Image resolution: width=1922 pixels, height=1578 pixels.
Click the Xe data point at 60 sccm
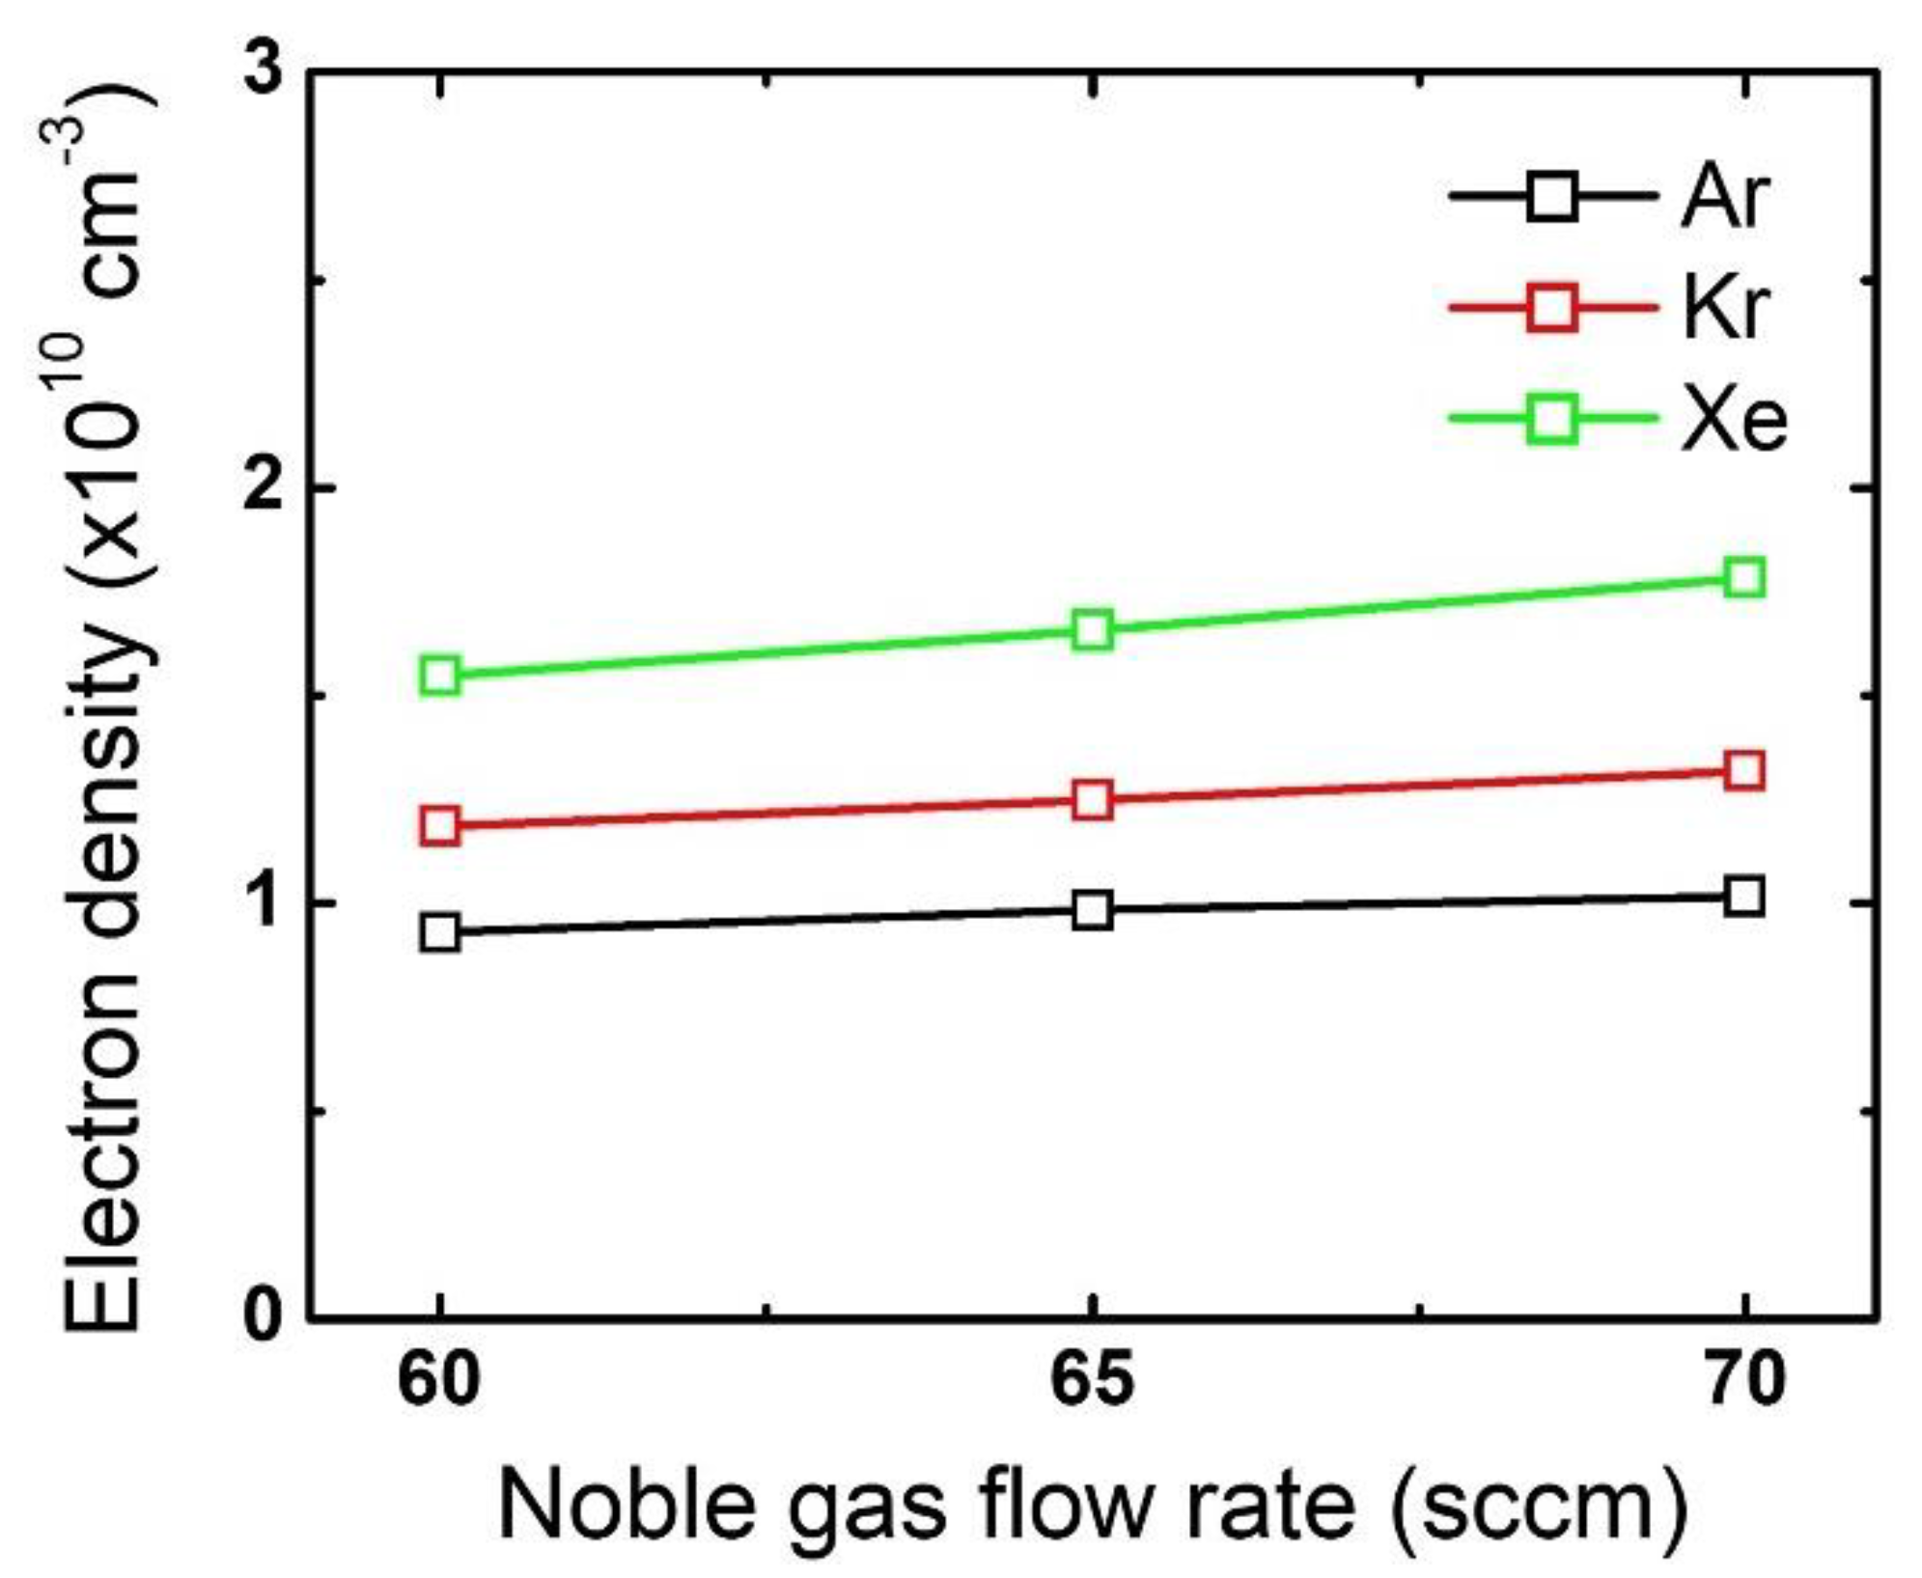coord(440,675)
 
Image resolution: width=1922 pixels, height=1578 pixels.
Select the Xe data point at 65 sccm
coord(1092,630)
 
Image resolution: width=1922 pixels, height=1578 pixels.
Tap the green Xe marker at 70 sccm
coord(1744,577)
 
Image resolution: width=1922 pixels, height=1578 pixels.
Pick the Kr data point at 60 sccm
coord(440,826)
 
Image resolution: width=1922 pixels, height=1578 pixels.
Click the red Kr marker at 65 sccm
coord(1092,799)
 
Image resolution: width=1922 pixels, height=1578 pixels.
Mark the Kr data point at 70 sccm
coord(1744,771)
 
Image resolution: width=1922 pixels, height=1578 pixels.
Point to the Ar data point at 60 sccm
coord(440,932)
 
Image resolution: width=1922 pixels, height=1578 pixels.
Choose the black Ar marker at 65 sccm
coord(1092,910)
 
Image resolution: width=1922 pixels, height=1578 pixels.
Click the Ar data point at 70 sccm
coord(1744,896)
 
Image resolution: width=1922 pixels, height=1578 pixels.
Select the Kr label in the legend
coord(1724,309)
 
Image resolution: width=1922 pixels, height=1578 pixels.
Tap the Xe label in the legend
coord(1734,421)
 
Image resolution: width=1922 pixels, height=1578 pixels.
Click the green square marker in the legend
coord(1552,419)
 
